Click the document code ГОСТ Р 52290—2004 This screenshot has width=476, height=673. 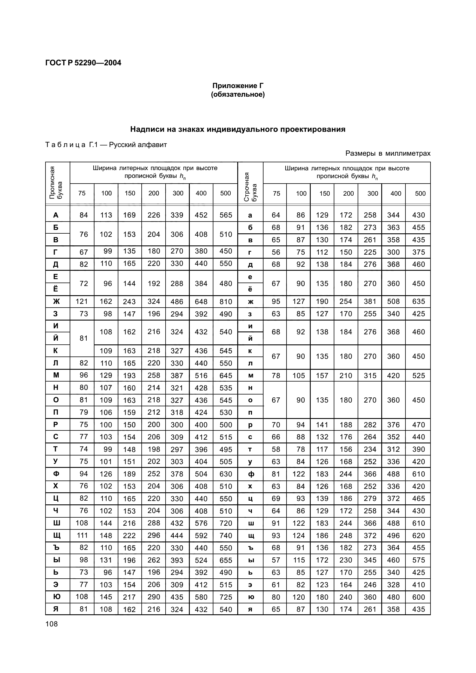[x=83, y=63]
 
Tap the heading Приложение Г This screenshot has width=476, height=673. [x=238, y=86]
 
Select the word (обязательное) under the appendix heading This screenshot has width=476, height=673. [x=238, y=95]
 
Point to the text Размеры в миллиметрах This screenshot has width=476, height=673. [x=388, y=153]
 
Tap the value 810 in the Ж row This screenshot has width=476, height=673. [x=225, y=302]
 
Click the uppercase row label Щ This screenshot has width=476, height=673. [x=56, y=535]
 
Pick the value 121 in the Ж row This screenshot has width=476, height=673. [x=82, y=302]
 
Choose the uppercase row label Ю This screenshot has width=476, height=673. [x=56, y=597]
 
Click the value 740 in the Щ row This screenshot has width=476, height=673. [x=225, y=535]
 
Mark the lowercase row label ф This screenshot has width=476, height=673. [x=250, y=474]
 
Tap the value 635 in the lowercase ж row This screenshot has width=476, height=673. [x=418, y=302]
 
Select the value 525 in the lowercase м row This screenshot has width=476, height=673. [x=418, y=375]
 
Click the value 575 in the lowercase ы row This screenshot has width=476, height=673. [x=418, y=560]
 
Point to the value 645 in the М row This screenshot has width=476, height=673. [x=225, y=375]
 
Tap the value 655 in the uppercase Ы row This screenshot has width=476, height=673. [x=225, y=560]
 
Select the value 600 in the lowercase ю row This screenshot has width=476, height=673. [x=418, y=597]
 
